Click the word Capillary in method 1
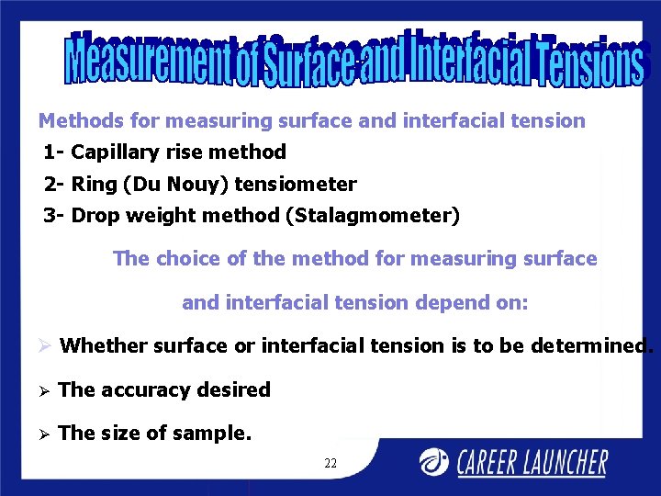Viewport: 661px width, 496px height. coord(109,152)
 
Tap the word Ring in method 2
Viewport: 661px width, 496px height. coord(95,185)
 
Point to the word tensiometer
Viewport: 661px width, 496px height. coord(296,185)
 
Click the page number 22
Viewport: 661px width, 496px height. coord(330,464)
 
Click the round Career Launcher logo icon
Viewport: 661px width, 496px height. coord(436,461)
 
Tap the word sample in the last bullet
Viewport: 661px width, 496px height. coord(217,434)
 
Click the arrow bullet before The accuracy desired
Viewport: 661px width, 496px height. coord(44,390)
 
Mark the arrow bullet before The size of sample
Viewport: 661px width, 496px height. coord(44,434)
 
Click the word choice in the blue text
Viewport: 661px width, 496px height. coord(188,259)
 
